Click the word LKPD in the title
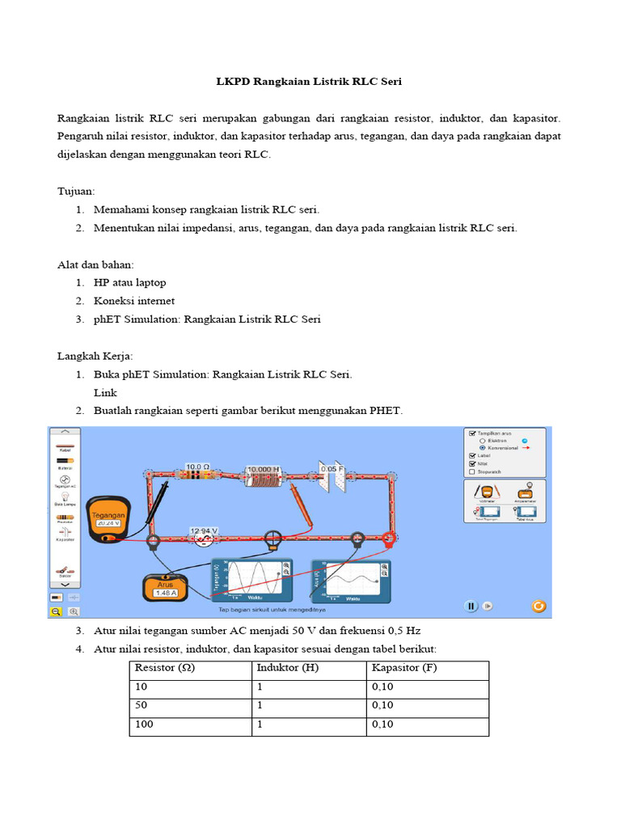coord(233,82)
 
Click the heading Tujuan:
coord(76,191)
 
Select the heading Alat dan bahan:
coord(95,264)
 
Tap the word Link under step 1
coord(105,392)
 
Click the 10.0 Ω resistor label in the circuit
coord(198,467)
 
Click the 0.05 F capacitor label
coord(332,468)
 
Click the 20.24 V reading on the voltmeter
coord(108,523)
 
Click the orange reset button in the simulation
coord(539,606)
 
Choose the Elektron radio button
coord(482,441)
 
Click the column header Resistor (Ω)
coord(165,668)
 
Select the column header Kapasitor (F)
coord(403,668)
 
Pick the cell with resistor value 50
coord(142,705)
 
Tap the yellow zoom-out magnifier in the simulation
coord(57,612)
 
